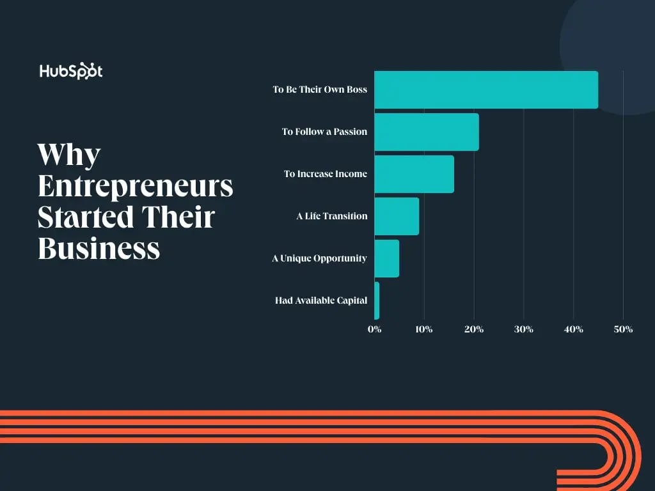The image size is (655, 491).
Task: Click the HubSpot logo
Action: coord(70,71)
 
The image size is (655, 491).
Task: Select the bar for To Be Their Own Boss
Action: coord(486,90)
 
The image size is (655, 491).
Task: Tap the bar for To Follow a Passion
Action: coord(427,132)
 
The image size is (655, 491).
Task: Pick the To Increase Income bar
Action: coord(414,174)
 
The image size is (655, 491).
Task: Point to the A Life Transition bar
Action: coord(397,216)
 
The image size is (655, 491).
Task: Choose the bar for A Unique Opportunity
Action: coord(386,258)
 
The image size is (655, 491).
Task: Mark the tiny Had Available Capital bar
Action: coord(377,300)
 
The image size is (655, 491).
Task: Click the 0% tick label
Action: coord(374,329)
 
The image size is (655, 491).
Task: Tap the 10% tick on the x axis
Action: coord(424,329)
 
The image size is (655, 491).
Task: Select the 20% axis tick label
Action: coord(474,329)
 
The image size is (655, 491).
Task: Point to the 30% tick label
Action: coord(524,329)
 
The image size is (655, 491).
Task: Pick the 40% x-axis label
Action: coord(574,329)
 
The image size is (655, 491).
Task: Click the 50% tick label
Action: coord(623,329)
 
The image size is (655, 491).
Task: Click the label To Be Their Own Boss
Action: coord(320,90)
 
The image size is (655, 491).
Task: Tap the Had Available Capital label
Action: coord(321,300)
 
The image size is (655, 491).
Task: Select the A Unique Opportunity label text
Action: coord(319,258)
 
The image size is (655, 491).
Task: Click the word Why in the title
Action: coord(69,155)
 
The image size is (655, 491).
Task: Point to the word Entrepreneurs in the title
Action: coord(135,186)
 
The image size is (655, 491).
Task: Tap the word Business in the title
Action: coord(99,247)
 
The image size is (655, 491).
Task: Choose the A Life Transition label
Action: coord(331,216)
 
